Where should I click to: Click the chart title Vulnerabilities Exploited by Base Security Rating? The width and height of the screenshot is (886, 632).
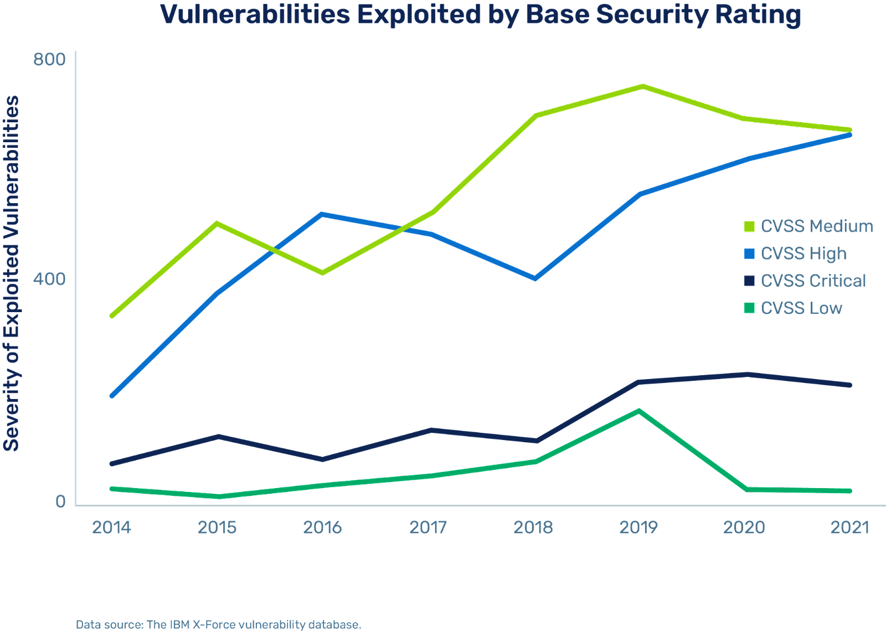[x=481, y=15]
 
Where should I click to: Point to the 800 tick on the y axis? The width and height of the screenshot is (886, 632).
[x=49, y=59]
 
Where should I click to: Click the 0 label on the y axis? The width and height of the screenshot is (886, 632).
[x=60, y=501]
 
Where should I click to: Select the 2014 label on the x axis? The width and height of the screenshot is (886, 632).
[x=112, y=527]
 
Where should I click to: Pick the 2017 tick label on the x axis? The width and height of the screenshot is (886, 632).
[x=428, y=527]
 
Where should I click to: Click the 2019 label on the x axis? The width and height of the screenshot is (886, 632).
[x=638, y=527]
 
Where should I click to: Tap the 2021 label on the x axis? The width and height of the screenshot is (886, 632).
[x=850, y=527]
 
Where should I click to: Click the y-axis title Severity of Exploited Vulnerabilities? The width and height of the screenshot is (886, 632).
[x=12, y=273]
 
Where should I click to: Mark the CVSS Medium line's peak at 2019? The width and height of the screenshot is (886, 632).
[x=642, y=86]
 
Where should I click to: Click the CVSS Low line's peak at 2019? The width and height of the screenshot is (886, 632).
[x=638, y=411]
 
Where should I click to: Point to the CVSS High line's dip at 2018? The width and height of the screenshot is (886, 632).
[x=535, y=278]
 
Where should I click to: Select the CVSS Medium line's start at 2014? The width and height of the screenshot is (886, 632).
[x=112, y=315]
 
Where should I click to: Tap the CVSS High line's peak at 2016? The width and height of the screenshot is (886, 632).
[x=323, y=214]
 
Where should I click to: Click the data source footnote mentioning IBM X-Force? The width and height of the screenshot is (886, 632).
[x=219, y=625]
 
